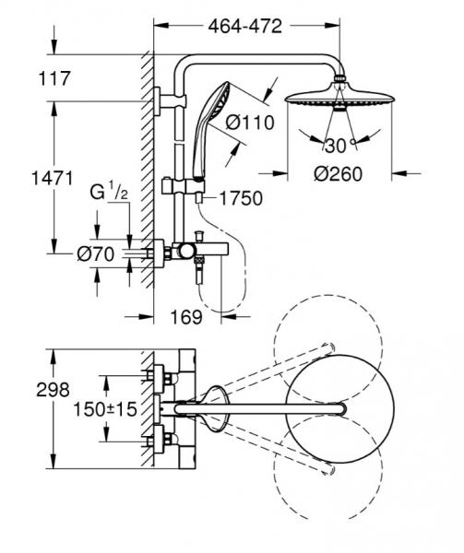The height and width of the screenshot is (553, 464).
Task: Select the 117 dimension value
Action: pyautogui.click(x=56, y=79)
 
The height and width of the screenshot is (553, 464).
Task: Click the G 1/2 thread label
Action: pyautogui.click(x=104, y=194)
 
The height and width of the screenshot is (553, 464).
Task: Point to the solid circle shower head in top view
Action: pyautogui.click(x=341, y=409)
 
